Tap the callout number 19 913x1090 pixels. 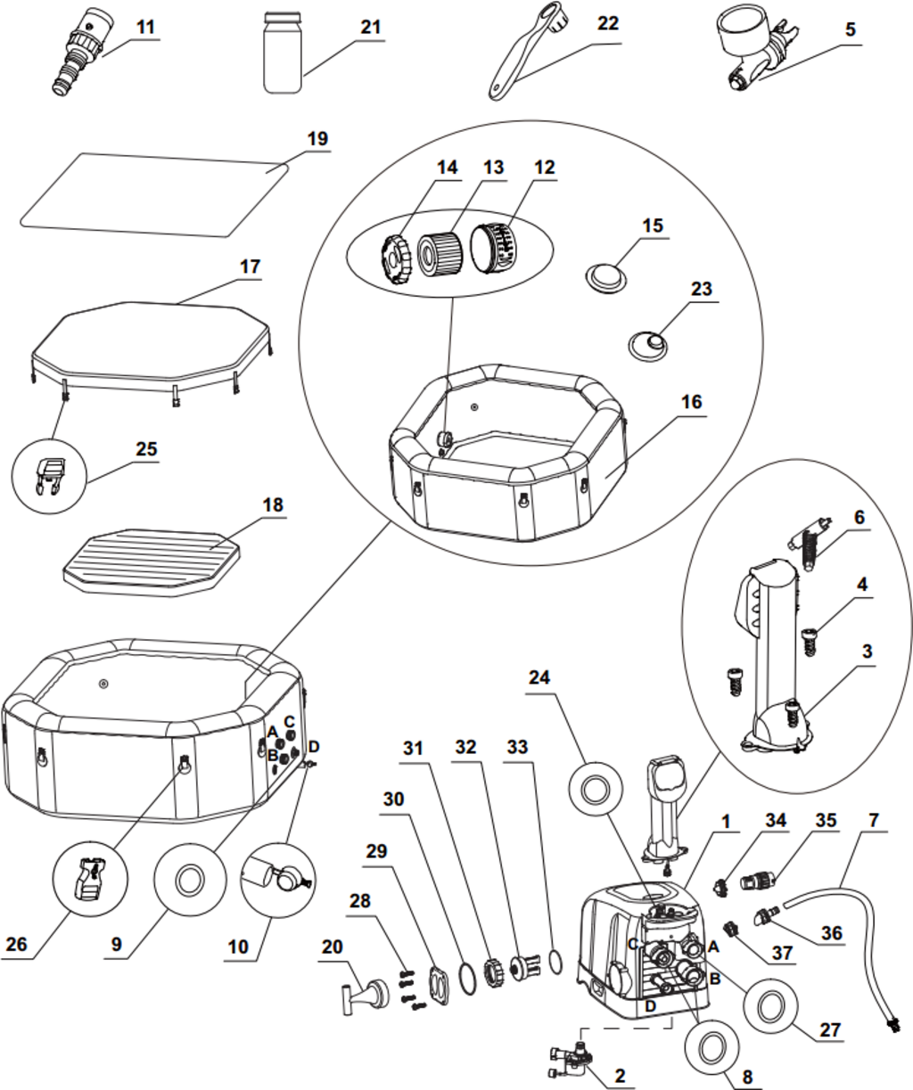[x=317, y=139]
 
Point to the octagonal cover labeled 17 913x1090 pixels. [x=150, y=343]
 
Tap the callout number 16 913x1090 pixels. [x=692, y=402]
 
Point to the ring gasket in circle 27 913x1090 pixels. [x=769, y=1008]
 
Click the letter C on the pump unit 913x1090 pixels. [x=634, y=944]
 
